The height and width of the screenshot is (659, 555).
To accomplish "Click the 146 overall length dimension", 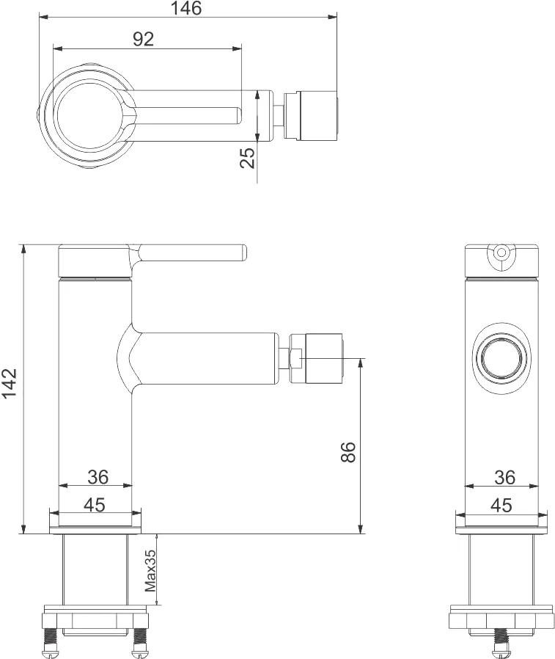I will click(x=185, y=9).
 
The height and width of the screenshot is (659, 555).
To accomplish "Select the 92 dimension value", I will click(x=144, y=40).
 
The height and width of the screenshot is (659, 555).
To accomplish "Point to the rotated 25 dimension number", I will click(x=249, y=157).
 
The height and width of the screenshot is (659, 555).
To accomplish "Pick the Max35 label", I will click(x=150, y=570).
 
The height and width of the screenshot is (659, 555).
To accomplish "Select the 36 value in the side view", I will click(x=98, y=477).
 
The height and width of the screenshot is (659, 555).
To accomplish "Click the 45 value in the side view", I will click(x=94, y=505).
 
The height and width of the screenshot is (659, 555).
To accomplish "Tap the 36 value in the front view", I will click(x=504, y=477).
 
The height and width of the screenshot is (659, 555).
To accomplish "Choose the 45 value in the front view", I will click(x=501, y=505).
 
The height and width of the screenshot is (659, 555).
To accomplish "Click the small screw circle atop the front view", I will click(x=501, y=252).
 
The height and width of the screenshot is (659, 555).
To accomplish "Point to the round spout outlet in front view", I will click(x=501, y=360).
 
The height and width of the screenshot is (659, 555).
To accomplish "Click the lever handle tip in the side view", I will click(x=240, y=253).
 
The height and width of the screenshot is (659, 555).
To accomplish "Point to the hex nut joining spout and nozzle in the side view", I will click(x=294, y=357).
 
